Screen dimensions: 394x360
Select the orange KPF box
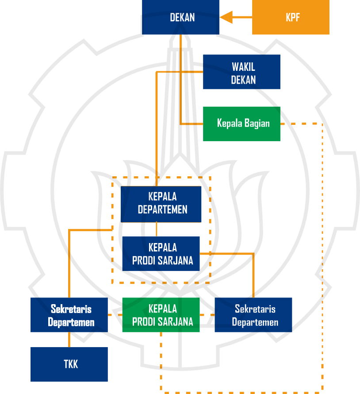click(291, 18)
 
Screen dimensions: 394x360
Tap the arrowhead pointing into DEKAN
click(226, 18)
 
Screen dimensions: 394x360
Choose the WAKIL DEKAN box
click(241, 72)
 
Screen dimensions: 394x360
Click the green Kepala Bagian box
click(241, 124)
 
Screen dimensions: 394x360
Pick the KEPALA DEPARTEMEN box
click(161, 204)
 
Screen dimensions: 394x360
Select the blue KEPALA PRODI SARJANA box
click(161, 254)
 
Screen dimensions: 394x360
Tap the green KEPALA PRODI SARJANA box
click(161, 315)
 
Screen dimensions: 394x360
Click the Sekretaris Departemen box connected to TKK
click(69, 315)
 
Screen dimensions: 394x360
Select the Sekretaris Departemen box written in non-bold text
click(253, 315)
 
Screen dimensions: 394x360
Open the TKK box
click(69, 364)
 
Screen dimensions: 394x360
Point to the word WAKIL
click(243, 67)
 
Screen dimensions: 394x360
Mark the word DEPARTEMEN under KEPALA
click(162, 209)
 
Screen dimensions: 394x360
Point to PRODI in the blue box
click(143, 261)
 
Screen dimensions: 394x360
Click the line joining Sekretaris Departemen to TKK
click(69, 340)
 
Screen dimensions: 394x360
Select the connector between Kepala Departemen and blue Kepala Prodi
click(157, 229)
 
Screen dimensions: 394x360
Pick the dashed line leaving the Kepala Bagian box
click(301, 124)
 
